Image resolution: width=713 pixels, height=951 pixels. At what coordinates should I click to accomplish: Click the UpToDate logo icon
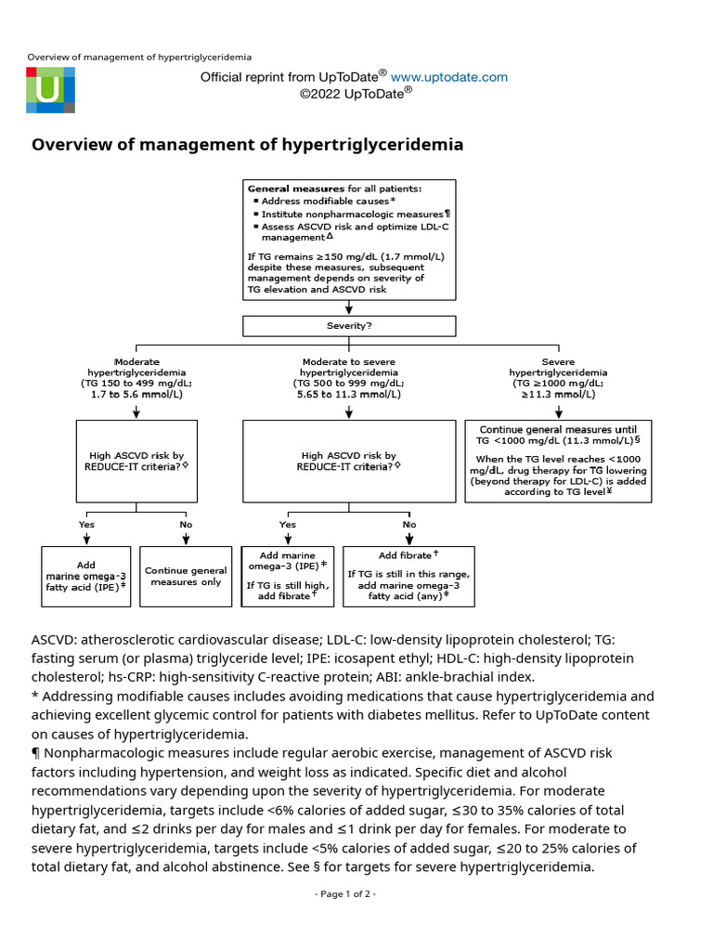pos(50,89)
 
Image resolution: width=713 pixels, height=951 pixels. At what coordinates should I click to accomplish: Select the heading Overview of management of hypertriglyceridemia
pos(247,145)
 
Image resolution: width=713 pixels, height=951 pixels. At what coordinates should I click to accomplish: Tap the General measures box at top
pos(349,239)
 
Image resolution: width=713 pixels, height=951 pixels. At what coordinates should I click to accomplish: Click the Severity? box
pos(349,326)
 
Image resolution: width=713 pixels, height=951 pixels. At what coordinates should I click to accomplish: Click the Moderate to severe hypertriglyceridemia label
pos(349,378)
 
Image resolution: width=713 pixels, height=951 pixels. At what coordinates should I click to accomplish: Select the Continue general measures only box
pos(186,576)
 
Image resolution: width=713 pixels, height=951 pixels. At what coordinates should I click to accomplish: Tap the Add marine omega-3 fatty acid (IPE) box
pos(86,576)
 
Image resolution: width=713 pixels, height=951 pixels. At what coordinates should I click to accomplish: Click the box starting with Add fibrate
pos(408,576)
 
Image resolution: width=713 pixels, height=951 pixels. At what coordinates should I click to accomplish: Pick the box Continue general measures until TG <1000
pos(557,461)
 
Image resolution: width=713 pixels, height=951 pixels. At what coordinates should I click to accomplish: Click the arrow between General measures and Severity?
pos(349,308)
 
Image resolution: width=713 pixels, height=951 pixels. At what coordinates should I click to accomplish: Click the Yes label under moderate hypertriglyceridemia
pos(86,525)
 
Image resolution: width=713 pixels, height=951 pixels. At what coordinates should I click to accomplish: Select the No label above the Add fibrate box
pos(408,525)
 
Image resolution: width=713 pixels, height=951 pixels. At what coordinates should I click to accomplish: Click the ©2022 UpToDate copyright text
pos(356,93)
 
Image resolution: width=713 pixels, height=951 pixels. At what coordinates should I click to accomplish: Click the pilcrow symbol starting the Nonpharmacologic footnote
pos(36,752)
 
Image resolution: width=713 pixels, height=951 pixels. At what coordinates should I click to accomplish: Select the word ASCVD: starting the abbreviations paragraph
pos(55,640)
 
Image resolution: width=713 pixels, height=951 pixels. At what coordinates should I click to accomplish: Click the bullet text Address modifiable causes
pos(327,201)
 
